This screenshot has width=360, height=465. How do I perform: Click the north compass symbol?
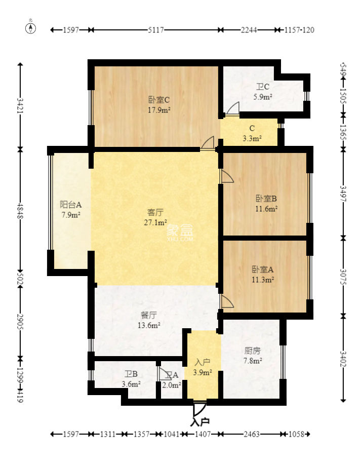tap(31, 27)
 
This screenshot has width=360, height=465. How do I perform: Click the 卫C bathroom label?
tap(263, 87)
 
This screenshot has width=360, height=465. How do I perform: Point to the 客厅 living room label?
tap(155, 212)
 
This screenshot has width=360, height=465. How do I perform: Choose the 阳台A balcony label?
tap(70, 205)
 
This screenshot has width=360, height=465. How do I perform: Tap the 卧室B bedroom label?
tap(266, 198)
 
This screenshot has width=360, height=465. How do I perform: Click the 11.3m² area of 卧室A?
tap(263, 279)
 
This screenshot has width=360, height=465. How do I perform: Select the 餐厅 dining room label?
tap(148, 315)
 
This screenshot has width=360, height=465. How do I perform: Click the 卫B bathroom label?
tap(132, 374)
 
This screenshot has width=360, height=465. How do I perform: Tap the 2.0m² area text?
tap(172, 384)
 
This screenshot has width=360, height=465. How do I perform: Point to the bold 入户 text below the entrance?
tap(201, 421)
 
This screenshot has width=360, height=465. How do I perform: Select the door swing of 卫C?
tap(233, 109)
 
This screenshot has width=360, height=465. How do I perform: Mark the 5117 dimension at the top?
tap(155, 30)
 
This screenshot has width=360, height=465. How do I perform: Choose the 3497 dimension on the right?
tap(343, 194)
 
